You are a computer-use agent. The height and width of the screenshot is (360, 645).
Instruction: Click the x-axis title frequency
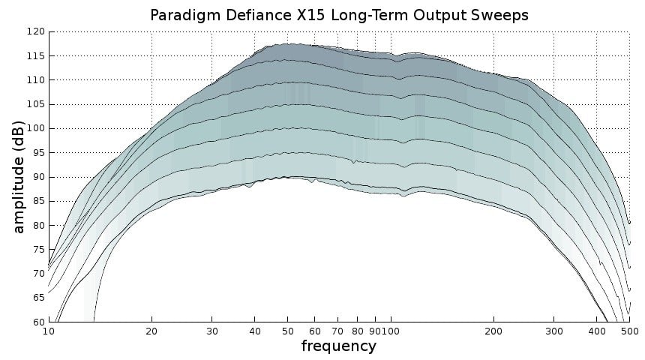point(338,346)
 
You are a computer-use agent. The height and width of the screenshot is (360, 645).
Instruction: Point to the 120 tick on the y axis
point(36,31)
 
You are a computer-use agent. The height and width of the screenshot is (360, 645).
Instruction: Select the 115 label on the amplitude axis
point(36,56)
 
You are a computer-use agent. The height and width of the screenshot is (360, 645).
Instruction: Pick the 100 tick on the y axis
point(36,128)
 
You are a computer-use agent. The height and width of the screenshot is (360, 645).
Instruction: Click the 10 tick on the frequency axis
point(49,331)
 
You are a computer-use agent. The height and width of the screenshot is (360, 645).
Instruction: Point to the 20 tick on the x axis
point(151,331)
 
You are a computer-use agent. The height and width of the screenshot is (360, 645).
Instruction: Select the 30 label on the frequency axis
point(212,331)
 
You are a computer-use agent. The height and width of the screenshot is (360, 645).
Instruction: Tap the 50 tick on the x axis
point(287,331)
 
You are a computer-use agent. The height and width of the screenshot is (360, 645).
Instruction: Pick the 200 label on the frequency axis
point(493,331)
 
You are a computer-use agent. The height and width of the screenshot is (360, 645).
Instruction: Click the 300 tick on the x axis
point(553,331)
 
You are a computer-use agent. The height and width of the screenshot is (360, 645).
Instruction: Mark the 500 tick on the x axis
point(628,331)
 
